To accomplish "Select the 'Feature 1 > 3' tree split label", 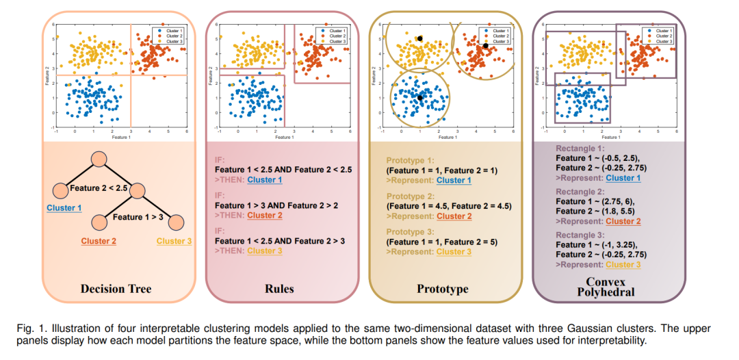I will click(x=138, y=218).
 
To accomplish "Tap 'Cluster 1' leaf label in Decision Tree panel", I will click(x=63, y=208).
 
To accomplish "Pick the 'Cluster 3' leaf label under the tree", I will click(x=174, y=241).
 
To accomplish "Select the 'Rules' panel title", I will click(x=279, y=289).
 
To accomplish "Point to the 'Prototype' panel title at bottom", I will click(x=443, y=289).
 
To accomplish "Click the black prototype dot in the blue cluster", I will click(x=419, y=98).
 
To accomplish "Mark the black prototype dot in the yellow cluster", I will click(x=419, y=38).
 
